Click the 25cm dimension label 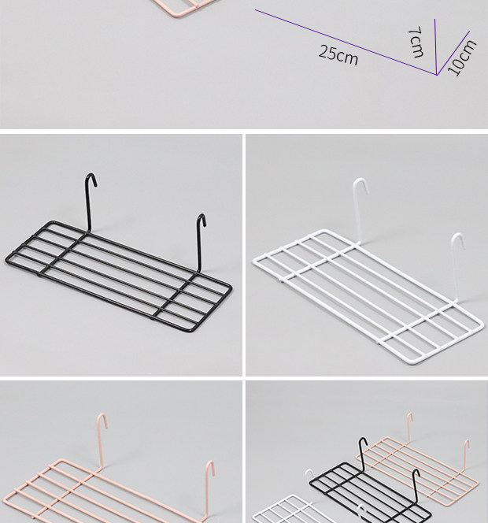(x=338, y=55)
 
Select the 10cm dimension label (x=462, y=57)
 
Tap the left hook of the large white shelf (x=358, y=210)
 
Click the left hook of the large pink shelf (x=101, y=440)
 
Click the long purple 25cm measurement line (x=346, y=43)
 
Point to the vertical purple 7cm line (x=436, y=46)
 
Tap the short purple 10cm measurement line (x=453, y=53)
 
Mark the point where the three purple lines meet (x=437, y=75)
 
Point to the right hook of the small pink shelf (x=466, y=454)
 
